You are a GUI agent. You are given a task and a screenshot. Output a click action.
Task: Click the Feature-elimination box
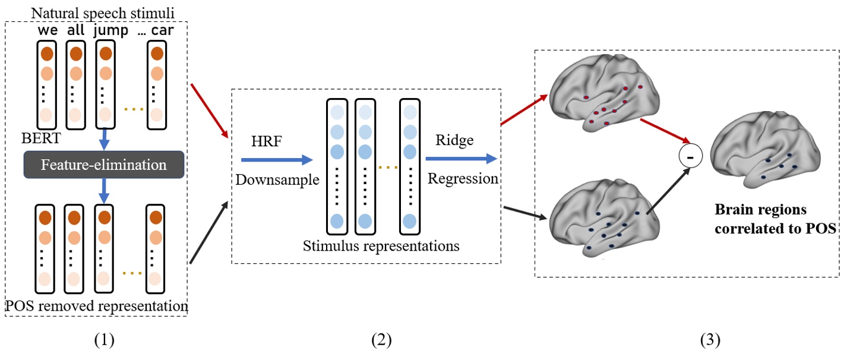pos(103,165)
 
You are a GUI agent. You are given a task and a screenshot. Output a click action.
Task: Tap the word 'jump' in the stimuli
pos(110,30)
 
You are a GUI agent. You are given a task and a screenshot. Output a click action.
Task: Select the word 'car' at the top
pos(162,30)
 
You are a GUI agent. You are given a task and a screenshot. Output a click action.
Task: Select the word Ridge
pos(453,141)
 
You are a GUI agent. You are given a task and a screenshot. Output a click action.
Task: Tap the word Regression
pos(463,178)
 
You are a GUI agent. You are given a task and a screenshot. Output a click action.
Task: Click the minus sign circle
pos(690,157)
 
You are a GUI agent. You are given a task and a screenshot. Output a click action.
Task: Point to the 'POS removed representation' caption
pos(96,306)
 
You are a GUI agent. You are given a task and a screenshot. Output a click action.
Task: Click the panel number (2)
pos(381,340)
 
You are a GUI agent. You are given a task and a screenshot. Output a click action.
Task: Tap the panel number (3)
pos(709,340)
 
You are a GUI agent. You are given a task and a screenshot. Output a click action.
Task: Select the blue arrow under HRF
pos(276,160)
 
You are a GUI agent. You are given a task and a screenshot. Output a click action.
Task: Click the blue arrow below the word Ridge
pos(461,159)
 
